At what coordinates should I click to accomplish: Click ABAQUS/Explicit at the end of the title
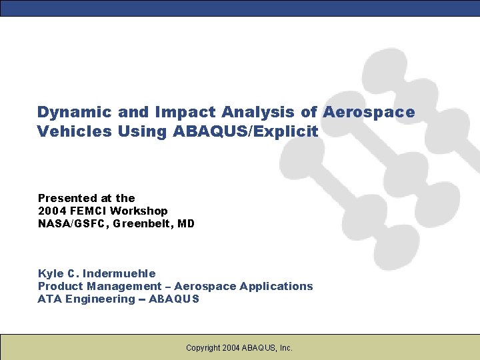(x=245, y=131)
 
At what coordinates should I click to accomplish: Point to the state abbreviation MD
(x=186, y=224)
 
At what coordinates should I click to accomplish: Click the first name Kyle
(x=50, y=273)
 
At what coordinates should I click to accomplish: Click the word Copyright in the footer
(x=203, y=347)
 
